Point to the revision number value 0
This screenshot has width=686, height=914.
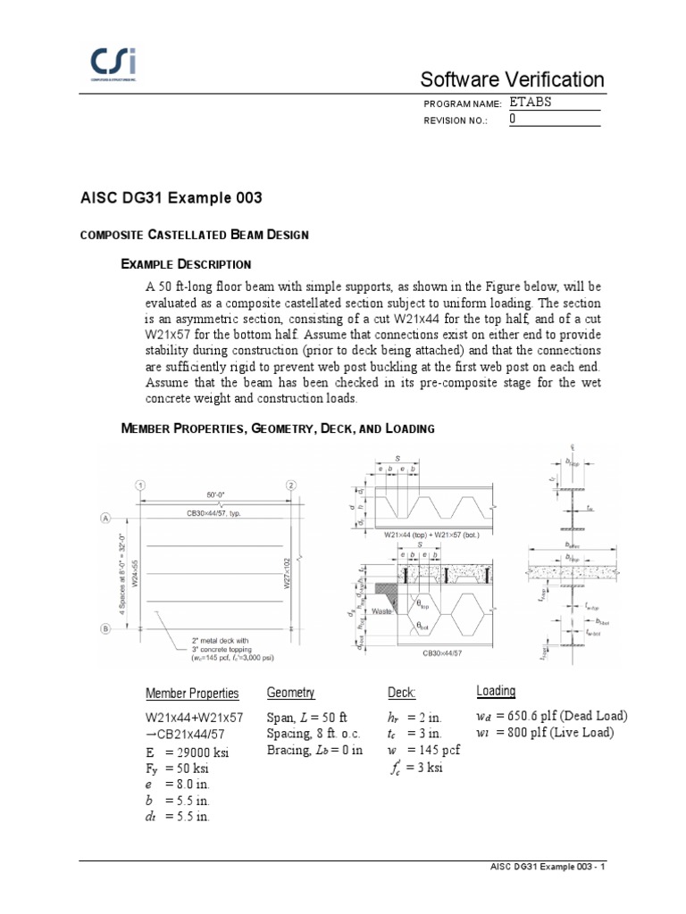coord(513,118)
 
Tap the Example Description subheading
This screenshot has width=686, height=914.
coord(186,264)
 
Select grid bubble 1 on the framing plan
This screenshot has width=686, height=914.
coord(140,485)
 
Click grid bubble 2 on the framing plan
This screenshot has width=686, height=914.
coord(291,485)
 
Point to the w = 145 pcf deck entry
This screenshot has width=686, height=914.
coord(424,751)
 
